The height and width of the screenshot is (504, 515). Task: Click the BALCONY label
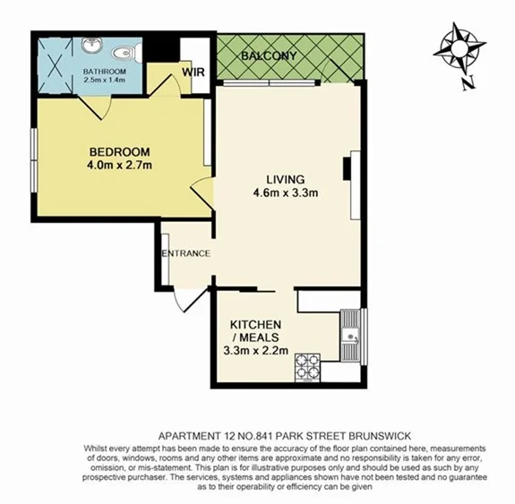[268, 56]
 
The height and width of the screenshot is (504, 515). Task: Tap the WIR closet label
[194, 70]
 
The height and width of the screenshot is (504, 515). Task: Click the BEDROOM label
[119, 151]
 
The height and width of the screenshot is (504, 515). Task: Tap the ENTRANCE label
[186, 253]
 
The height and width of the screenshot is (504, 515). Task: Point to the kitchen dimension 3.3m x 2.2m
[257, 350]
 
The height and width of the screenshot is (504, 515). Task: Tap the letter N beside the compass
[467, 85]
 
